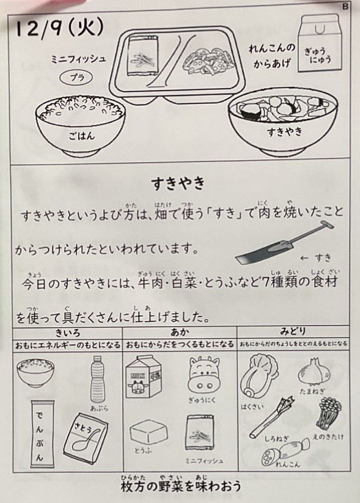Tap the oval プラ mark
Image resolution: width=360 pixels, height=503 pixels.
tap(76, 78)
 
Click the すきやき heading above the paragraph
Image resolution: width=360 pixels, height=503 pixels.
tap(178, 183)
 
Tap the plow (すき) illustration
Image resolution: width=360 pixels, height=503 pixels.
tap(284, 241)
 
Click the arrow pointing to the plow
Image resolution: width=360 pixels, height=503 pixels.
tap(304, 258)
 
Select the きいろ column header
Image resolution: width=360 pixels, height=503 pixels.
tap(67, 333)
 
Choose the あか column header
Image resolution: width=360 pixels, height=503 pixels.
tap(180, 332)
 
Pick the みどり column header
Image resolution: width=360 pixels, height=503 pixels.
tap(292, 331)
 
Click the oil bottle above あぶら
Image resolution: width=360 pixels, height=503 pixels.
tap(97, 379)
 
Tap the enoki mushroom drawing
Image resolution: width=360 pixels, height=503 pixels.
tap(328, 414)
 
